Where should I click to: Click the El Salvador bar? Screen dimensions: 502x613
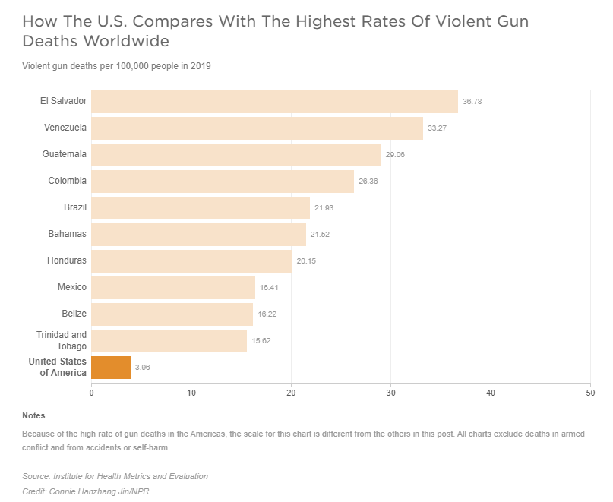[274, 102]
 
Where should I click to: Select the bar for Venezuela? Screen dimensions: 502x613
[257, 128]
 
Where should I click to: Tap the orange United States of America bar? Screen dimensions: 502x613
[111, 368]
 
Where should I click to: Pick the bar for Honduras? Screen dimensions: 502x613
[191, 261]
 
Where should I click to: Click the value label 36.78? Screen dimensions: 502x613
[472, 102]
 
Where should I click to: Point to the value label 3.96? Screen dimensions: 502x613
[143, 368]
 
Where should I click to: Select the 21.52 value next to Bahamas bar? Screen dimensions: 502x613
[320, 235]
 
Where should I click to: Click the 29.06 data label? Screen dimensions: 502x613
[395, 155]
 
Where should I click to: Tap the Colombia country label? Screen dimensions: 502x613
[67, 181]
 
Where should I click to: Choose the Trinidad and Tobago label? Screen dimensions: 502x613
[62, 340]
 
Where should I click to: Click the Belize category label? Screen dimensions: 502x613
[74, 314]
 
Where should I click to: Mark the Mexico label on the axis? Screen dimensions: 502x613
[72, 287]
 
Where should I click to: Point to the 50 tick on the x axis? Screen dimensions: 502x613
[590, 393]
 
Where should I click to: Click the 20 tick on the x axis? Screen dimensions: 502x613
[291, 393]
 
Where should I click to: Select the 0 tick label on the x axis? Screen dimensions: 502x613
[91, 393]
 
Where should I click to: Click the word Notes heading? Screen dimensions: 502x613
[33, 415]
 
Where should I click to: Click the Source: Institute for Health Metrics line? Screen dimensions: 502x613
[115, 476]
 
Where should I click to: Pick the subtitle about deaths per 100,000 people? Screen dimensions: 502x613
[116, 66]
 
